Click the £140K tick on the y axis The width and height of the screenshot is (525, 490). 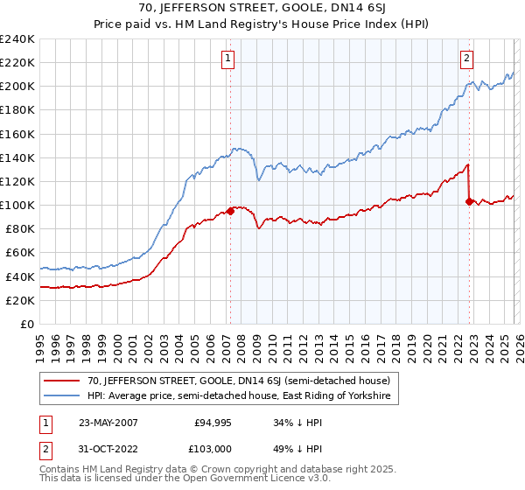pos(17,157)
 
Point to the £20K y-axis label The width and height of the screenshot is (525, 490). pos(20,300)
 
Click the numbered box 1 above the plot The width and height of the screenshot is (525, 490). pos(227,59)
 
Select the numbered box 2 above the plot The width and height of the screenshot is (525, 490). pos(466,59)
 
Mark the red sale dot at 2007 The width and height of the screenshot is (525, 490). pos(230,211)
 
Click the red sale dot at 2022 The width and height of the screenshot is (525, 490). pos(469,201)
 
